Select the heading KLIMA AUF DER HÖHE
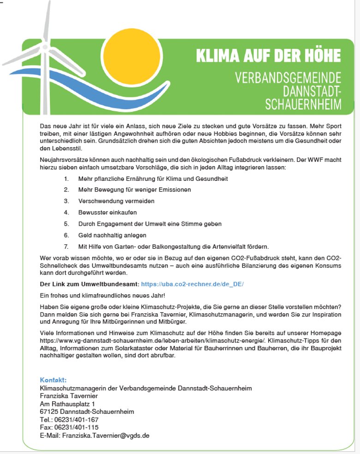tap(268, 55)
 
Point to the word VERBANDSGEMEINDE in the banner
tap(288, 77)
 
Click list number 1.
tap(66, 179)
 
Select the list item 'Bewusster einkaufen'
tap(108, 212)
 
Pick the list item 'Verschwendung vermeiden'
tap(116, 201)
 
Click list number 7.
tap(66, 246)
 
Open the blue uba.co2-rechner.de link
tap(192, 284)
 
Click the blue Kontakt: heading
tap(53, 380)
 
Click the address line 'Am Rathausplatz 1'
tap(67, 404)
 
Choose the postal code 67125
tap(49, 412)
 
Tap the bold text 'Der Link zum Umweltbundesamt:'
tap(89, 284)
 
